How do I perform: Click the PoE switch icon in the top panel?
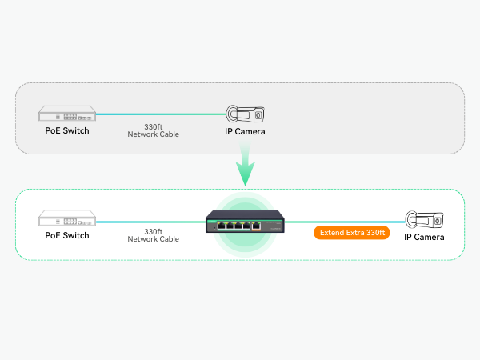(x=67, y=114)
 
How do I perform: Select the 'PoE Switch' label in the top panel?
(x=67, y=130)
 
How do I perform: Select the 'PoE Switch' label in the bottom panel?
(x=67, y=236)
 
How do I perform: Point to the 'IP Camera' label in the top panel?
(x=245, y=131)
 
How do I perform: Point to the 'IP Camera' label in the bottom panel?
(x=424, y=237)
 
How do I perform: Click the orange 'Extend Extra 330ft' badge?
(x=350, y=234)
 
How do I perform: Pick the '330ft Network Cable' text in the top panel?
(x=153, y=130)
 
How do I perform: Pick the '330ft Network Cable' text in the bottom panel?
(x=153, y=235)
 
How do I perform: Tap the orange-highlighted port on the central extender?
(x=256, y=226)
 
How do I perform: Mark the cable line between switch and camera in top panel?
(x=160, y=114)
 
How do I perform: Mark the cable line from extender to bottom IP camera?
(x=344, y=221)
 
